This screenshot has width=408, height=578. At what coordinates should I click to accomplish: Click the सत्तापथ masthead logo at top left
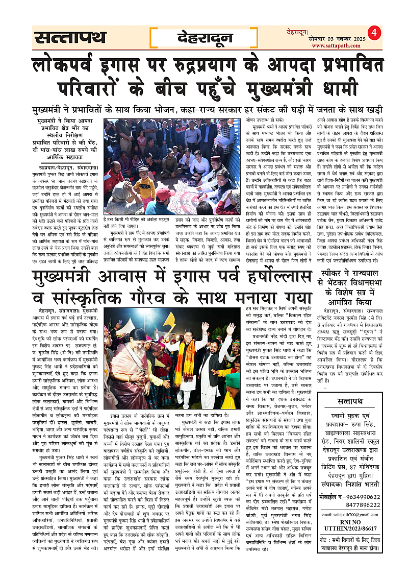click(x=70, y=37)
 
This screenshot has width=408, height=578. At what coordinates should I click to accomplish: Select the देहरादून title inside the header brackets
click(x=206, y=37)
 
